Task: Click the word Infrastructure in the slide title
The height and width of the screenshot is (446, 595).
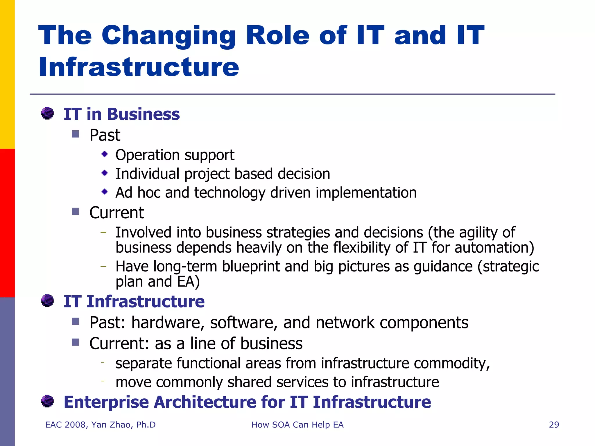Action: [x=139, y=67]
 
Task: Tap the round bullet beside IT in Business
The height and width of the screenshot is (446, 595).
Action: [x=47, y=113]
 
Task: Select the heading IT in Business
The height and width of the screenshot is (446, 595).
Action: [x=121, y=114]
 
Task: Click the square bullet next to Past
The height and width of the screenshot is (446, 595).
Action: [x=76, y=134]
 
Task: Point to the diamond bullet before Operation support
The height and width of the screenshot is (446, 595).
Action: [x=105, y=154]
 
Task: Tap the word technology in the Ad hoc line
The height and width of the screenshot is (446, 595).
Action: [x=230, y=193]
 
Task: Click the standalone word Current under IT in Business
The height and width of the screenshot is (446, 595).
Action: [x=117, y=213]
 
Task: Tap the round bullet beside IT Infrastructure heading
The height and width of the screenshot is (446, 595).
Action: [x=47, y=301]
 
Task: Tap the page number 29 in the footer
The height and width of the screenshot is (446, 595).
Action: [x=554, y=425]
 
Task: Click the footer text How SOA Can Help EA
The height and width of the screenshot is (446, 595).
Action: [x=297, y=425]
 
